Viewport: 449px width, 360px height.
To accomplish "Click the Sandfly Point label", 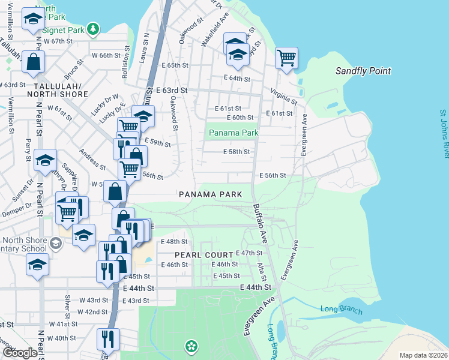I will (363, 71).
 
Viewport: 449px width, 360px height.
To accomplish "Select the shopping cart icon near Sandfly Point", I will (287, 58).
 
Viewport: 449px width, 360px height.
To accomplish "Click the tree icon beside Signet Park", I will (92, 28).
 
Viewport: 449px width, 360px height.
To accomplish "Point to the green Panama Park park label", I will (233, 133).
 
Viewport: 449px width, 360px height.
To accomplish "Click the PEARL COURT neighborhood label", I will (203, 255).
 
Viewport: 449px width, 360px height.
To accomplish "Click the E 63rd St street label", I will (172, 91).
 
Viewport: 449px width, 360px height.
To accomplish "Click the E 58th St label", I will (236, 152).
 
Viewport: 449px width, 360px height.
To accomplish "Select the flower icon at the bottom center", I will (191, 346).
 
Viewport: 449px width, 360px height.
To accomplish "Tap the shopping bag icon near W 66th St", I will (35, 61).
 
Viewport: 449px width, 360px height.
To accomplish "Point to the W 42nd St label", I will (92, 312).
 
